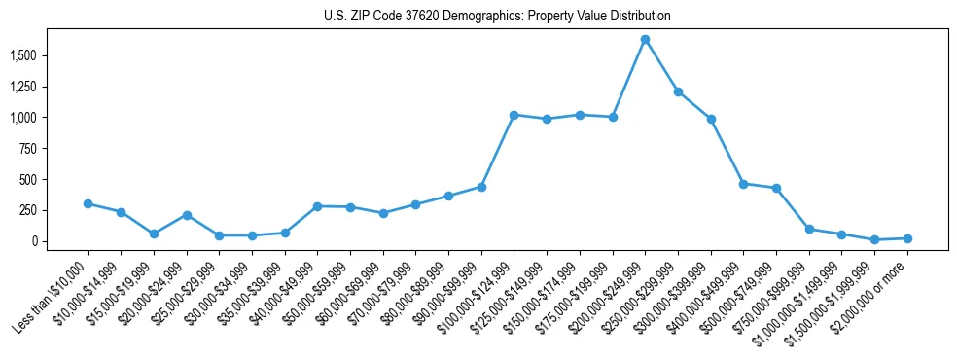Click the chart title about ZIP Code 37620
497,17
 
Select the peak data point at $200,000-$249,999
645,39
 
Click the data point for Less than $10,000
88,203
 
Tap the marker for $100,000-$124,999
514,115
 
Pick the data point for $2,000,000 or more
907,238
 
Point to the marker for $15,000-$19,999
154,234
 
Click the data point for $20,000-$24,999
186,215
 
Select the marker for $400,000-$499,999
743,183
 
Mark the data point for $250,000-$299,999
678,91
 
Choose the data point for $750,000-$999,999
809,229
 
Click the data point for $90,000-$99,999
480,186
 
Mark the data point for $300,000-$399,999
711,119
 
